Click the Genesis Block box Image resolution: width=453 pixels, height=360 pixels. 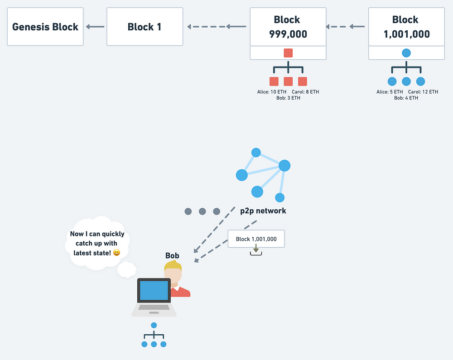(x=45, y=27)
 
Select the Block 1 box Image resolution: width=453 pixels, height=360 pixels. (x=145, y=27)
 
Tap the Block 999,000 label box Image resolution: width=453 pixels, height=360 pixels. (x=288, y=27)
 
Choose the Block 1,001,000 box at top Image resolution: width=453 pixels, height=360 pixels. (x=406, y=27)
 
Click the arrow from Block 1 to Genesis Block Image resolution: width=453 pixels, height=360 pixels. (x=95, y=27)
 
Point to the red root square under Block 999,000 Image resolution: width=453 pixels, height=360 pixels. (x=288, y=53)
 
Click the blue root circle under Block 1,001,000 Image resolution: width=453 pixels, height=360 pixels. (x=406, y=53)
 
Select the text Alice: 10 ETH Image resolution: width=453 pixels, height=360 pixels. (x=271, y=92)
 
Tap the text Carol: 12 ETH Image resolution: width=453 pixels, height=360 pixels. (x=423, y=92)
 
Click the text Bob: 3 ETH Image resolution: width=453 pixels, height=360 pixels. (x=288, y=98)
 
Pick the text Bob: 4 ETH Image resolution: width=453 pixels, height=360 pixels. (x=406, y=98)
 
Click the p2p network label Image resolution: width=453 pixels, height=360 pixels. (x=263, y=211)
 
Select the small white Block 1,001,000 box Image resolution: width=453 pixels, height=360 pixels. (x=256, y=239)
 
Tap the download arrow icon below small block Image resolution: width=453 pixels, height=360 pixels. (x=256, y=250)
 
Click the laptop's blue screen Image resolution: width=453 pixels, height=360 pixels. (x=154, y=290)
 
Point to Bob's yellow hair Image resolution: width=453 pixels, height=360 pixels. (x=173, y=266)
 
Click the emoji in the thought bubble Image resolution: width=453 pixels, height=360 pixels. (x=116, y=253)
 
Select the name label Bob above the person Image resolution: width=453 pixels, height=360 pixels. (x=172, y=255)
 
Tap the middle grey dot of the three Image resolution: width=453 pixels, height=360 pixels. (x=202, y=211)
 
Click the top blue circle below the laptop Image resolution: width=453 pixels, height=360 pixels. (x=154, y=325)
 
